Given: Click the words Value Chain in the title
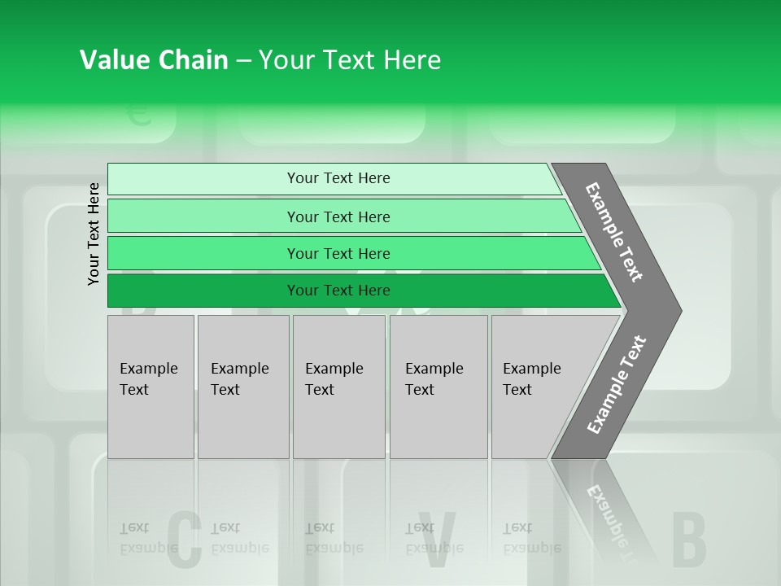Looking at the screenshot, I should coord(154,60).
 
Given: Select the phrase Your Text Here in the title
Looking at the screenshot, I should coord(350,60).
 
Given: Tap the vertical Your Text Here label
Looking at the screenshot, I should coord(94,234).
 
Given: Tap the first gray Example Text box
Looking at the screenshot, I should coord(151,387).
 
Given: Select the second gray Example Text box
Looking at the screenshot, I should coord(242,387).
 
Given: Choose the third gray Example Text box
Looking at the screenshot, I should coord(338,387).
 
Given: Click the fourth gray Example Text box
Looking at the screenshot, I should coord(438,387).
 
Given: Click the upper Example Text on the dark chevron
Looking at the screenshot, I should coord(614,232).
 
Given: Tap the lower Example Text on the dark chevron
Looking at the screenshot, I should coord(616,385).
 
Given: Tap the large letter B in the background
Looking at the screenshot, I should coord(688,539).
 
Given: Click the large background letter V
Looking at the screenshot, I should coord(436,540).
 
